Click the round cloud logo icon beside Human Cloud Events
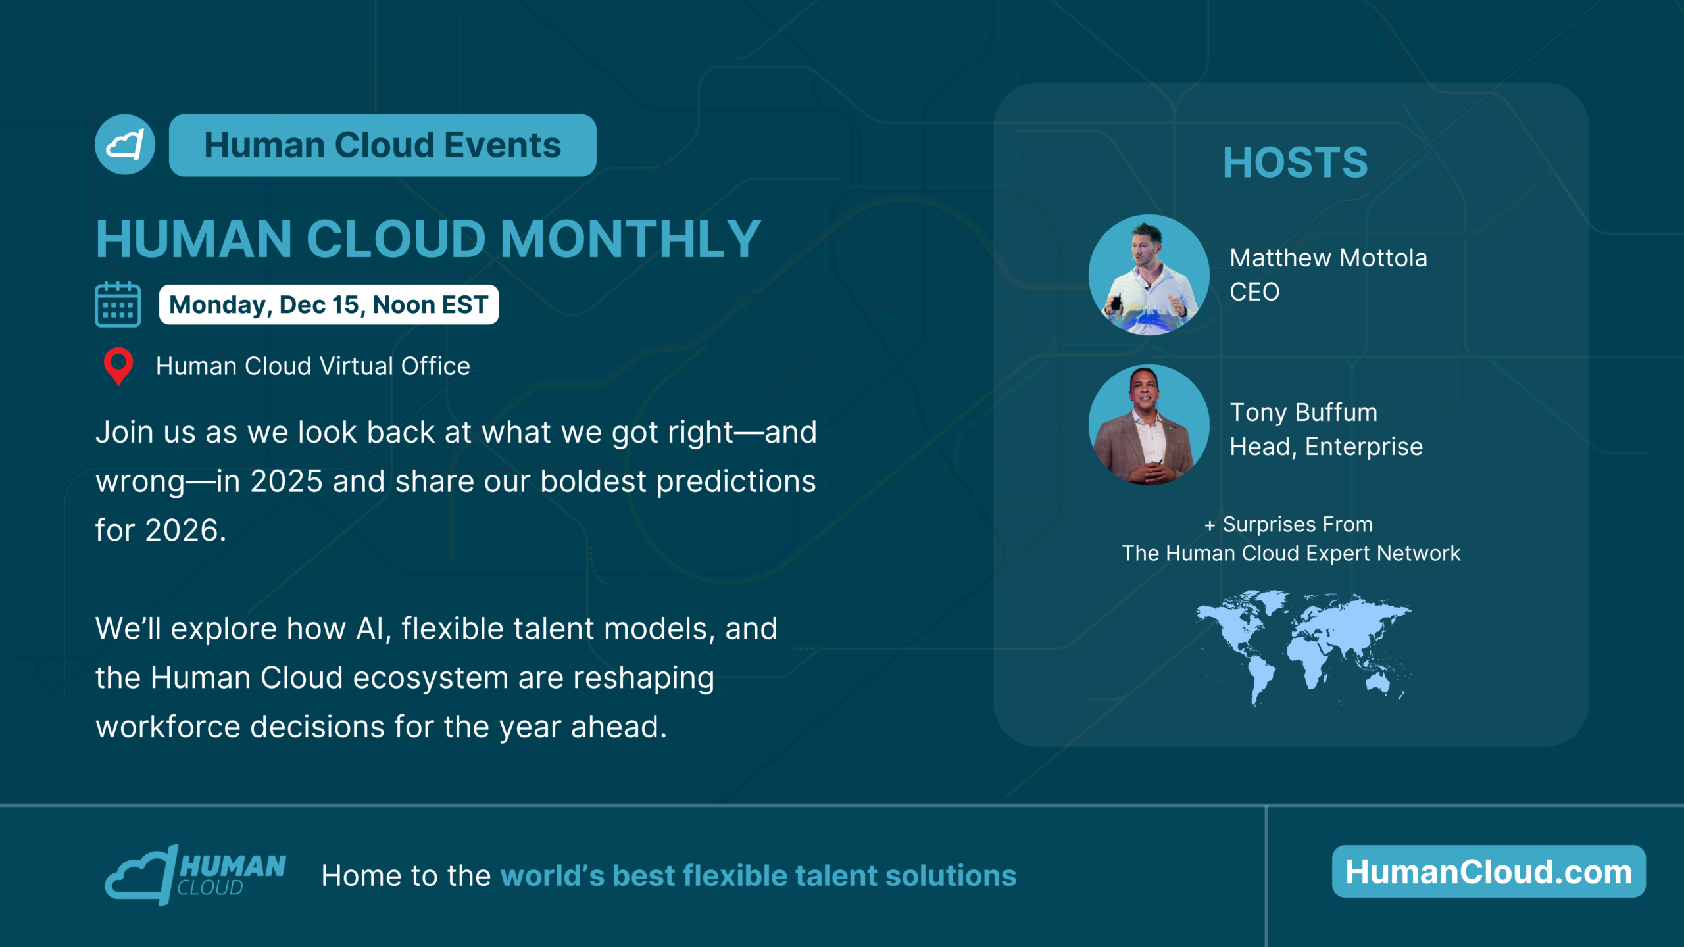click(x=125, y=145)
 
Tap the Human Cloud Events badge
click(x=383, y=145)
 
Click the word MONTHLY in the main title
click(x=631, y=239)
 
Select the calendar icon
click(x=118, y=304)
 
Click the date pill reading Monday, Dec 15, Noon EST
click(x=329, y=304)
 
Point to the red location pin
click(x=118, y=366)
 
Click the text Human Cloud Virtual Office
click(x=313, y=366)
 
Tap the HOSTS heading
click(x=1295, y=162)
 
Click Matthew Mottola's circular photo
click(x=1149, y=275)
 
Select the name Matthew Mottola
click(x=1329, y=258)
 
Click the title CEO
click(x=1255, y=292)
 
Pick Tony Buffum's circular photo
click(x=1149, y=425)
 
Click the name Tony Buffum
click(x=1304, y=412)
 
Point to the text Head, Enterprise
click(x=1327, y=447)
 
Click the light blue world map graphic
click(x=1303, y=648)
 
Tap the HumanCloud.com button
click(x=1489, y=871)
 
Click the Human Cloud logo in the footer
click(x=195, y=875)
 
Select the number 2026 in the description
click(x=182, y=530)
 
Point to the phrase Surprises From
click(x=1298, y=525)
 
